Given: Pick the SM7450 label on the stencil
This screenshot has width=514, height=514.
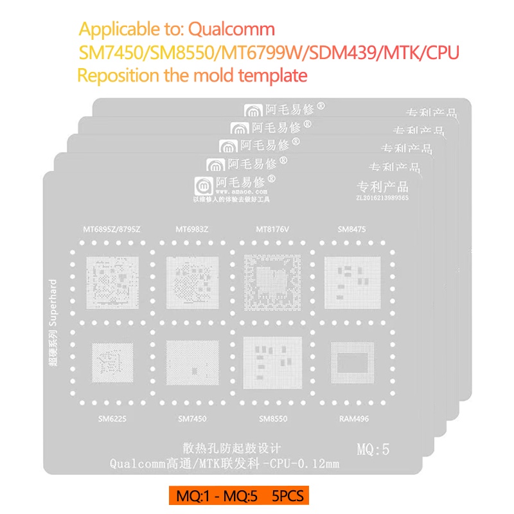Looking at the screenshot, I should tap(189, 420).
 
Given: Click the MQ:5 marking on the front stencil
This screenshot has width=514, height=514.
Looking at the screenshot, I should tap(373, 449).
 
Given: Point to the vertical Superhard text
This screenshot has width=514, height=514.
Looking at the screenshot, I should tap(53, 321).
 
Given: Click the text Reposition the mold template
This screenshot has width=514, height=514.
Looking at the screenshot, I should tap(192, 75).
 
